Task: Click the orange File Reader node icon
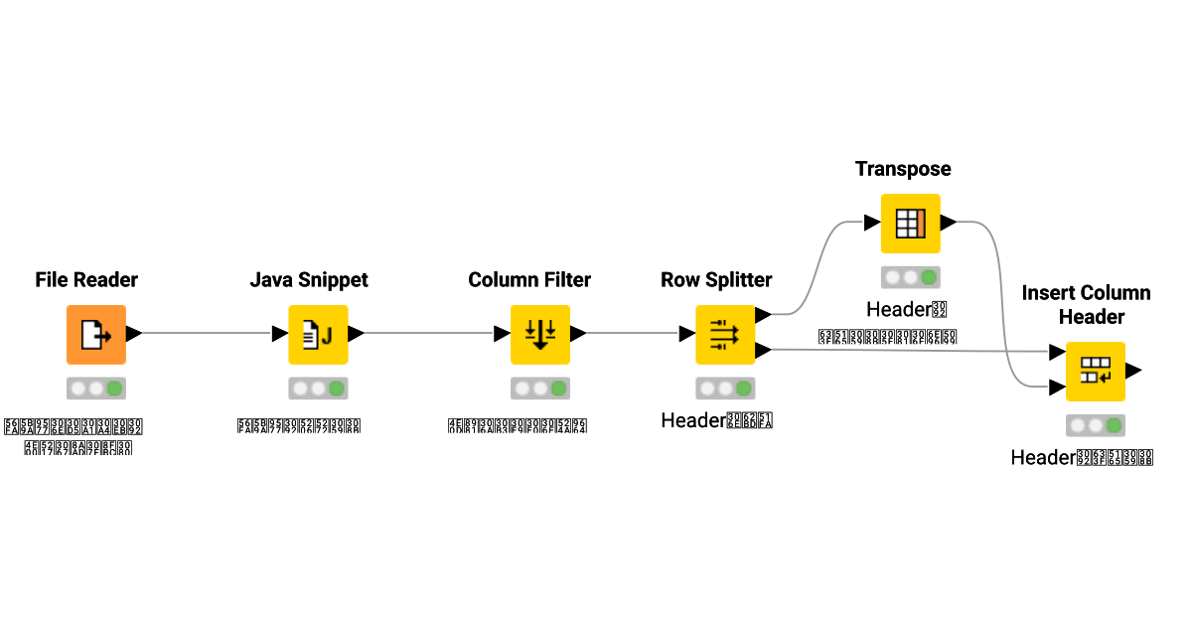click(x=96, y=334)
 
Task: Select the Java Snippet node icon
click(x=318, y=334)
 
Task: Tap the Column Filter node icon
click(x=539, y=334)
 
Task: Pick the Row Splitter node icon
click(x=725, y=334)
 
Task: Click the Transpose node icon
click(x=910, y=224)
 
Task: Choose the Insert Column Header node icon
click(x=1095, y=371)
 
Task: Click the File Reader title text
click(x=86, y=280)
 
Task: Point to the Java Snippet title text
click(x=309, y=280)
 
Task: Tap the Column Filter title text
click(x=529, y=280)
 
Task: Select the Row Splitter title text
click(x=716, y=280)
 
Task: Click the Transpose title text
click(x=903, y=169)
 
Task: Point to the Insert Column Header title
click(x=1086, y=304)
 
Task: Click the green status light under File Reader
click(x=115, y=389)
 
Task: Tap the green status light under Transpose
click(x=929, y=278)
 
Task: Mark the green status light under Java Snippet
click(x=337, y=389)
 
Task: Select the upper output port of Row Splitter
click(x=763, y=315)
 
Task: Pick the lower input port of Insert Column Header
click(x=1058, y=388)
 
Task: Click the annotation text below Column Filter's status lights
click(x=518, y=426)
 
